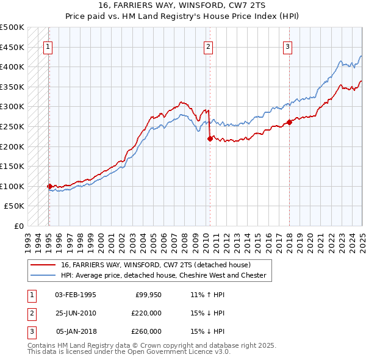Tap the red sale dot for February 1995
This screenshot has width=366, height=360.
49,186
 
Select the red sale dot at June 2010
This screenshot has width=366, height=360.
210,139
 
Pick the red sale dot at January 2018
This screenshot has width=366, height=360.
289,123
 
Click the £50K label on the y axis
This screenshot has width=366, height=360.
15,206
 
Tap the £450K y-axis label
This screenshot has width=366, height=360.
12,47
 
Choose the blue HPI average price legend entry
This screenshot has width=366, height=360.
163,276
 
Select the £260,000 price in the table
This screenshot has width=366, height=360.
146,331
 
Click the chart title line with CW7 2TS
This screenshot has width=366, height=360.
183,6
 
